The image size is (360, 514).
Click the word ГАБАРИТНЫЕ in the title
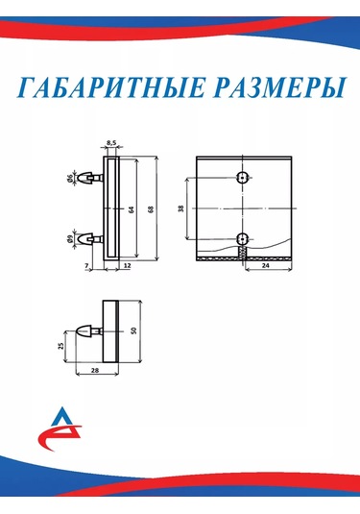point(109,89)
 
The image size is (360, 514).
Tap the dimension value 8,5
point(111,143)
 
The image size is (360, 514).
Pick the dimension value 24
point(264,268)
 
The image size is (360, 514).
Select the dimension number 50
point(135,330)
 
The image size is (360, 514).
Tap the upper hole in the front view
point(243,178)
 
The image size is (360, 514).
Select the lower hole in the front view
point(243,238)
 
